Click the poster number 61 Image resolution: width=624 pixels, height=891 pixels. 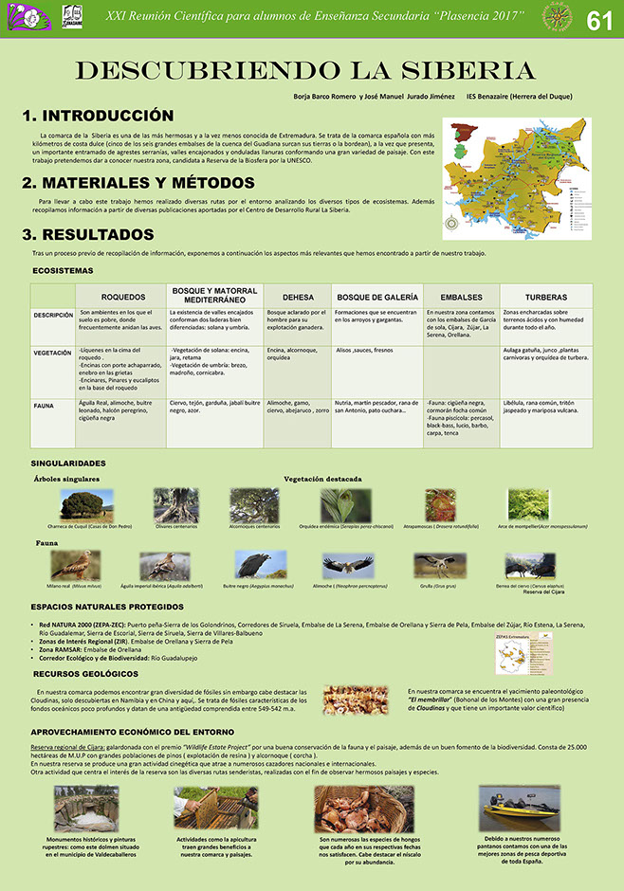tap(599, 20)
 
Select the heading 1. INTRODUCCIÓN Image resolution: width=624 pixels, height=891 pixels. tap(98, 116)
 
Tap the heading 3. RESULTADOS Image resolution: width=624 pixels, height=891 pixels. tap(87, 233)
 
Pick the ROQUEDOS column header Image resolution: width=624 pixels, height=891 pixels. tap(122, 297)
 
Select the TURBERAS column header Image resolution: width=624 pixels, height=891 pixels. tap(545, 297)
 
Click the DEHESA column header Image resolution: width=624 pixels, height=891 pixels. tap(298, 297)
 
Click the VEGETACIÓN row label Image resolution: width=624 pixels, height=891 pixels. tap(52, 353)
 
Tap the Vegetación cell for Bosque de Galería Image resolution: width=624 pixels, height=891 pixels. tap(377, 351)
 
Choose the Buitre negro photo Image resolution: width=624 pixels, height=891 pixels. tap(254, 565)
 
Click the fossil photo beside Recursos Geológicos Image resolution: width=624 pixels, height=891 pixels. tap(356, 700)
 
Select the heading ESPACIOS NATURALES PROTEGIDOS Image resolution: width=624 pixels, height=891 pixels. tap(106, 606)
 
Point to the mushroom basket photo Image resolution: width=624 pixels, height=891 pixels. tap(350, 808)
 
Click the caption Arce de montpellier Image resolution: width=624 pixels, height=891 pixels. tap(529, 526)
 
